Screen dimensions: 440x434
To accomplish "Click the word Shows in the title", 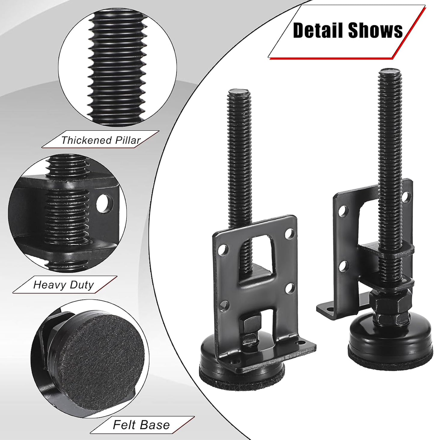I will click(375, 30).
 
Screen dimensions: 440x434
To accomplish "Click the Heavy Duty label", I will click(63, 285).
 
